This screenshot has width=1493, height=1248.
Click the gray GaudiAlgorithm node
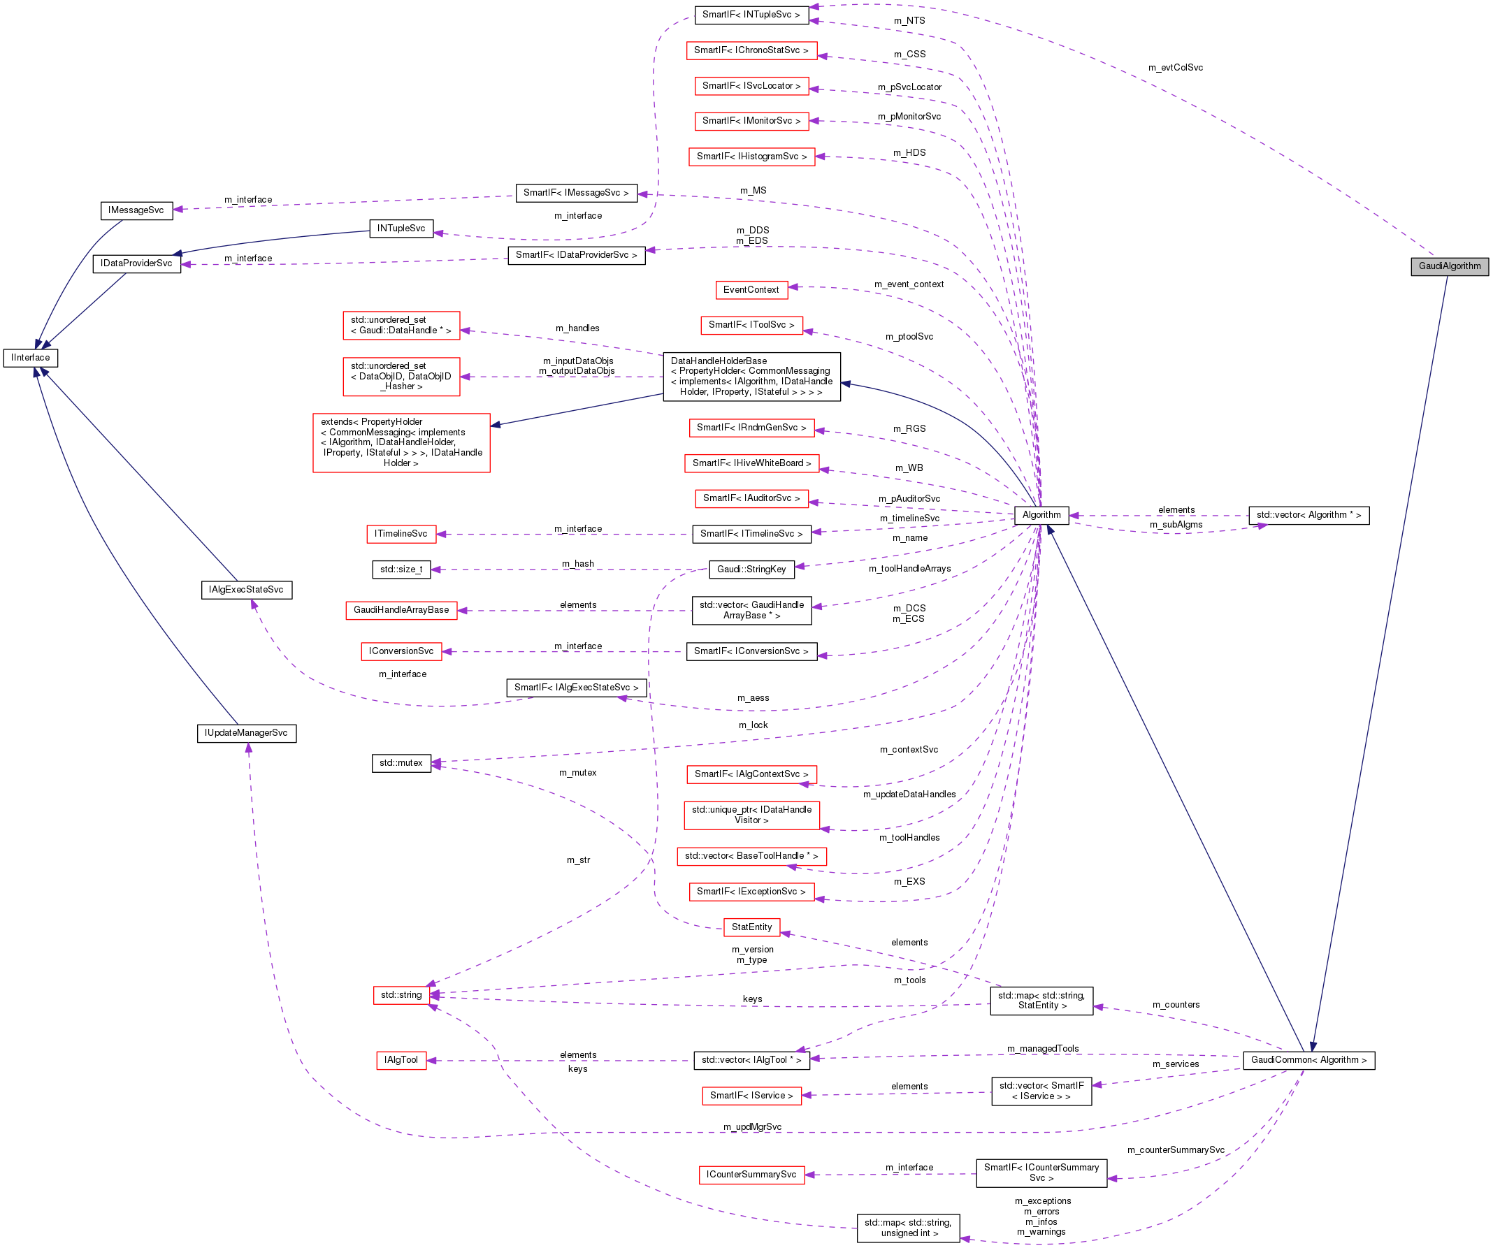1449,266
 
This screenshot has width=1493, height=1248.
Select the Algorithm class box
1041,515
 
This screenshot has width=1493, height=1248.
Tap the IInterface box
31,358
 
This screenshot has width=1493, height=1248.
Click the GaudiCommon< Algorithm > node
1308,1059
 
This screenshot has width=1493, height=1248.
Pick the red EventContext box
751,290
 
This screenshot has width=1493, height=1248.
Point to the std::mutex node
401,763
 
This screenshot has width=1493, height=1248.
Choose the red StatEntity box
751,927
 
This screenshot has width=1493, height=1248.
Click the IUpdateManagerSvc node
246,733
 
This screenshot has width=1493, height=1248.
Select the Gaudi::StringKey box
751,569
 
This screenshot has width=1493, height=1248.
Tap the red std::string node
401,995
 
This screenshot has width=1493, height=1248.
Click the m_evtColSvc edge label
1175,68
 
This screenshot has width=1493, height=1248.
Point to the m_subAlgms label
1176,525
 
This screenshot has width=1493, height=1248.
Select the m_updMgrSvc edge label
751,1127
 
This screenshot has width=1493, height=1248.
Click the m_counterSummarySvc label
1175,1150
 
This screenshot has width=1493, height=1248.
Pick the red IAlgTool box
401,1060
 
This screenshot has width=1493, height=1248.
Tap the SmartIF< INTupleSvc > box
751,15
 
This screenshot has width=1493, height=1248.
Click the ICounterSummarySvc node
751,1175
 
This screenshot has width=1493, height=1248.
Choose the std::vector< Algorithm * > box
1308,515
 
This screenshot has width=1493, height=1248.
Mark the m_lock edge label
753,725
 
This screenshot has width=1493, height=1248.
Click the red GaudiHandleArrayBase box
401,610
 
